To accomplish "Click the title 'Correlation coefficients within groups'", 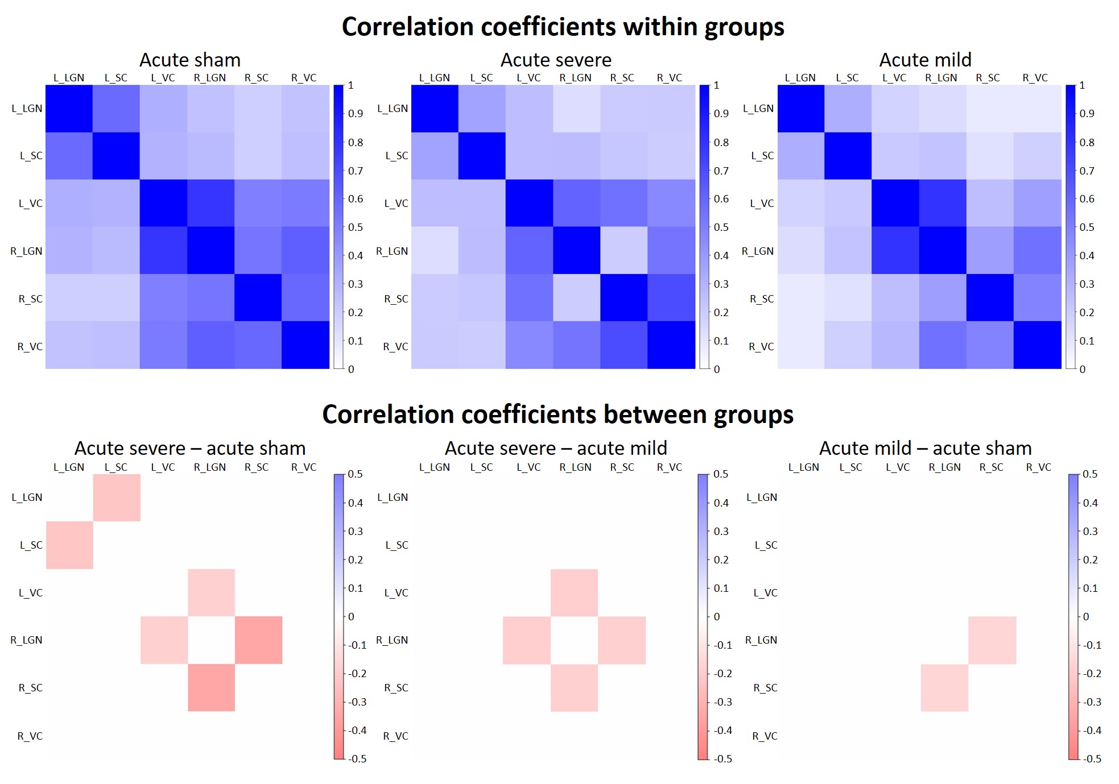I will click(563, 27).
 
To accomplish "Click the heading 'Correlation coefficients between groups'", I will click(558, 414).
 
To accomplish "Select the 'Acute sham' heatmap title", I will click(190, 60).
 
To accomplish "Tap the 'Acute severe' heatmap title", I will click(556, 60).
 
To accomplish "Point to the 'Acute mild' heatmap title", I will click(925, 60).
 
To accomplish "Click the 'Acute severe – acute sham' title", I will click(190, 448).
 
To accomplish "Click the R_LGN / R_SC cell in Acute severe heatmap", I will click(623, 251).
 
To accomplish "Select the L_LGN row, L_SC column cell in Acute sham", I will click(116, 109).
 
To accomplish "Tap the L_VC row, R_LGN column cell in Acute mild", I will click(943, 203).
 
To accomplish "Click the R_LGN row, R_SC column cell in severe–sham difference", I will click(258, 640).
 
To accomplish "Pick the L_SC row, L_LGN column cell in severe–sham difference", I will click(69, 545).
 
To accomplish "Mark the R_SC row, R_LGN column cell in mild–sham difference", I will click(944, 688).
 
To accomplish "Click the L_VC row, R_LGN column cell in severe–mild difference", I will click(574, 592).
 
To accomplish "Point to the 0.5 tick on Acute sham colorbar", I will click(356, 227).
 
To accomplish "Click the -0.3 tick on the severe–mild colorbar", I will click(723, 702).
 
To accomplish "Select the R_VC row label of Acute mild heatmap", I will click(761, 347).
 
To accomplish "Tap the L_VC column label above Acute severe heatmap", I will click(528, 78).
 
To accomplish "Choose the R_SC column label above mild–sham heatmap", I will click(991, 467).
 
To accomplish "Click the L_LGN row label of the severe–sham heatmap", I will click(27, 497).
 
